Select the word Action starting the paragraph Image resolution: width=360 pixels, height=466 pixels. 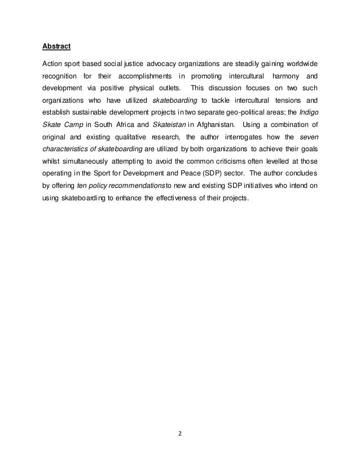click(54, 61)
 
